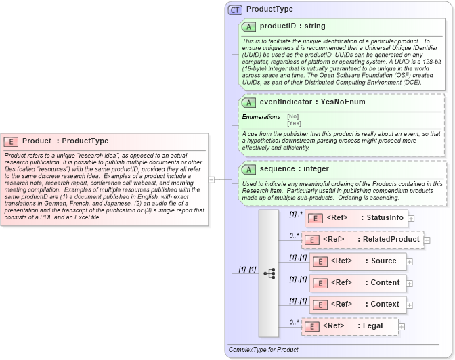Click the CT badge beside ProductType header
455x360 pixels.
tap(235, 9)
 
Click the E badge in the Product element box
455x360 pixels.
tap(11, 141)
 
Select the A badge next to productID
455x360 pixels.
tap(248, 26)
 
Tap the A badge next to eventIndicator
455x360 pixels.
tap(248, 102)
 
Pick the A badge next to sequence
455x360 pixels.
tap(248, 168)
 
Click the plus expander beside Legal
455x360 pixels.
tap(402, 327)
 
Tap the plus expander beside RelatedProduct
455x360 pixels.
tap(427, 240)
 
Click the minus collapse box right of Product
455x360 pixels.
tap(211, 179)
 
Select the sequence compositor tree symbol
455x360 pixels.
tap(269, 273)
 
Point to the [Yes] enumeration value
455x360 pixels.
tap(294, 123)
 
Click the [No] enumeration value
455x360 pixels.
tap(292, 116)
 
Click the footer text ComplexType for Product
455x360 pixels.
tap(263, 350)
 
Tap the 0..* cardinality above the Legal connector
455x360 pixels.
tap(294, 322)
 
